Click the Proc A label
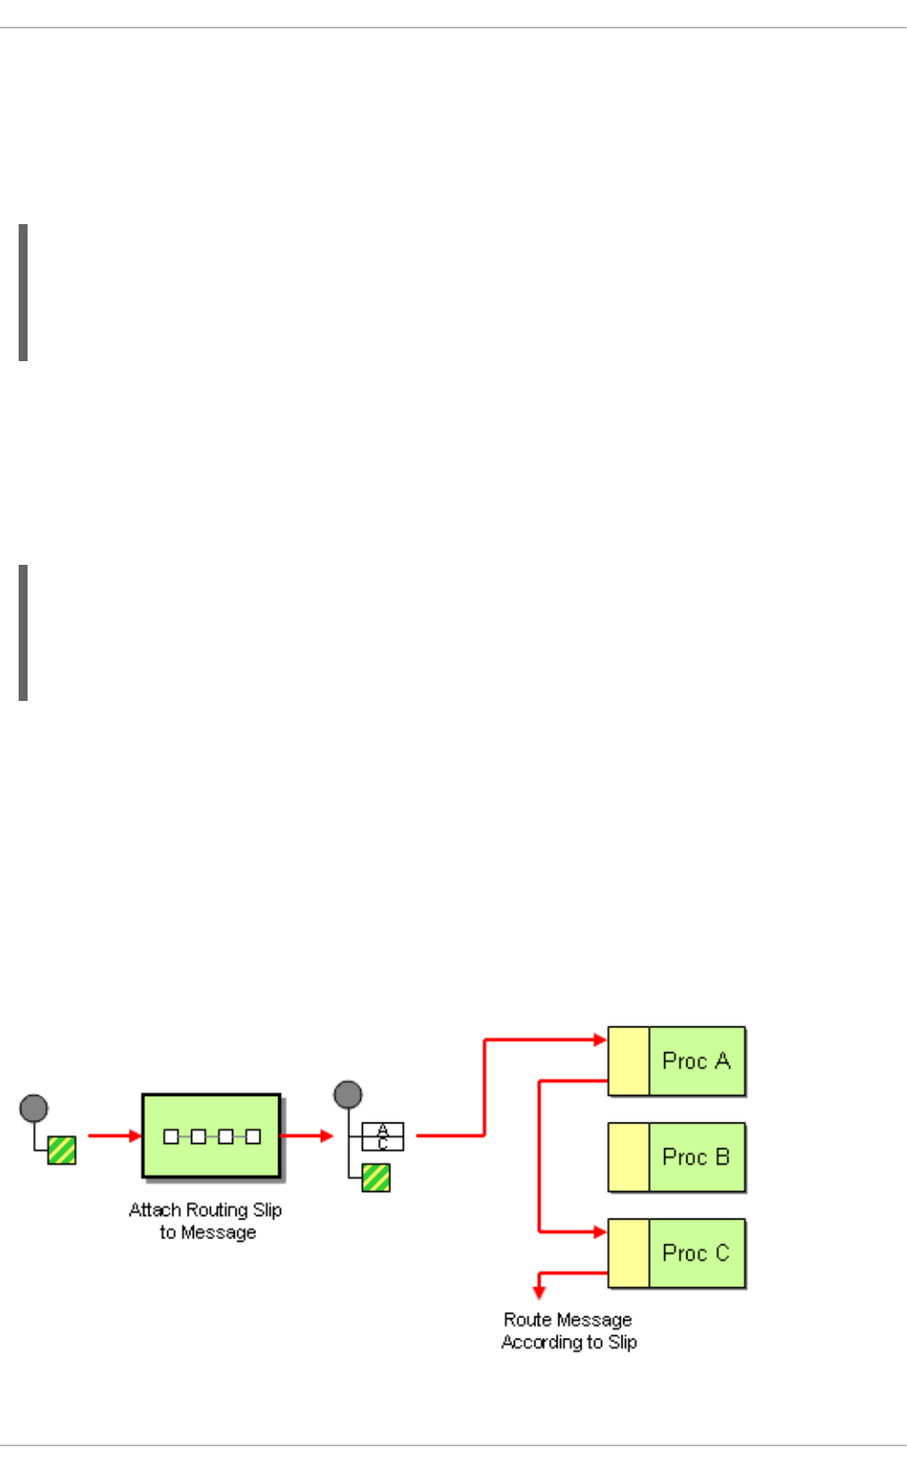[x=695, y=1061]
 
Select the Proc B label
[x=695, y=1157]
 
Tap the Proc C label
[x=695, y=1253]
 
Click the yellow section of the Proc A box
[x=629, y=1061]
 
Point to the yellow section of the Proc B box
[x=629, y=1157]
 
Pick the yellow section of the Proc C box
[x=629, y=1253]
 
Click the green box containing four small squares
[x=212, y=1136]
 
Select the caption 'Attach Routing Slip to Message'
[x=206, y=1220]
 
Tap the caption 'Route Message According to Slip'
[x=568, y=1331]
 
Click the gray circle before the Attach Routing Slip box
[x=34, y=1108]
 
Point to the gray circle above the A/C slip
[x=348, y=1094]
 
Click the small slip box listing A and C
[x=382, y=1137]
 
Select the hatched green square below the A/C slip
[x=376, y=1178]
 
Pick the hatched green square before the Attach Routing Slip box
[x=61, y=1150]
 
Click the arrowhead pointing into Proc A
[x=600, y=1039]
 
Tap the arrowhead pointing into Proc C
[x=600, y=1232]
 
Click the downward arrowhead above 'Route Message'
[x=539, y=1292]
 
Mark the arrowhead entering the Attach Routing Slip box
[x=135, y=1136]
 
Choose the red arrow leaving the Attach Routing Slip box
[x=307, y=1136]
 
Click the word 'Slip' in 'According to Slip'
[x=622, y=1342]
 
